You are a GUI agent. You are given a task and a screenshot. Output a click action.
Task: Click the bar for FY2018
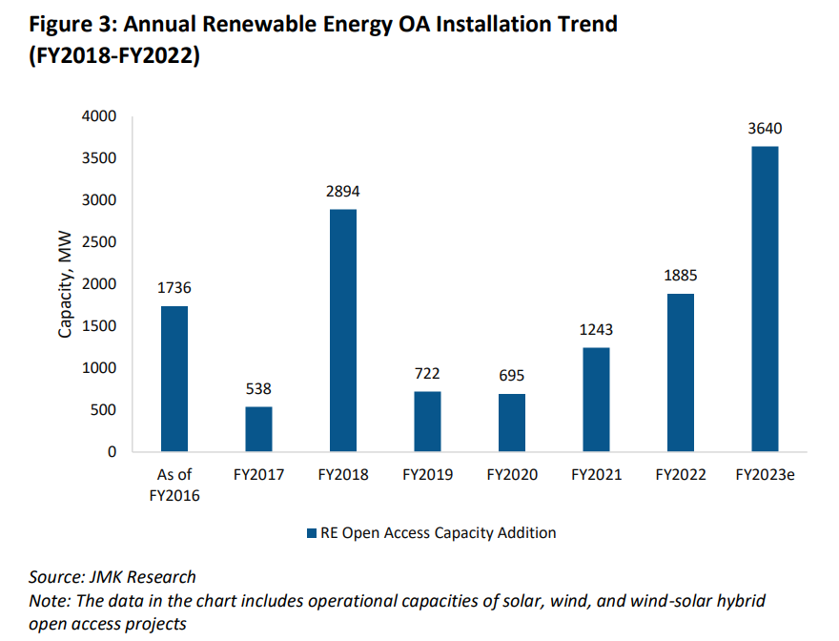coord(342,330)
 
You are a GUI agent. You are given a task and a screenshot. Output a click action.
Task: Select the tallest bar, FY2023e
coord(765,299)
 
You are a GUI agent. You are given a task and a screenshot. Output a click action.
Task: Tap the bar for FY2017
coord(258,429)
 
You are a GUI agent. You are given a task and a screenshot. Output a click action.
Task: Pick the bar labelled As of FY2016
coord(174,379)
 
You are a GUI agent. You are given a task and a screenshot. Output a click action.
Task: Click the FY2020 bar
coord(511,423)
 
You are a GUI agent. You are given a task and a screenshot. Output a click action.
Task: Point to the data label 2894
coord(342,192)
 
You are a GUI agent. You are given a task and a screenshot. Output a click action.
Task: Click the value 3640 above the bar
coord(765,129)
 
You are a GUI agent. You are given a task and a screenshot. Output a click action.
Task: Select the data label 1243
coord(596,330)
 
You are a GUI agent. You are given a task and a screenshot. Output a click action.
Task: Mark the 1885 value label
coord(680,276)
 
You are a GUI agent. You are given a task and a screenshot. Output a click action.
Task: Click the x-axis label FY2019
coord(427,474)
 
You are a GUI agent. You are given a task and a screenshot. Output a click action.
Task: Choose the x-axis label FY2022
coord(680,474)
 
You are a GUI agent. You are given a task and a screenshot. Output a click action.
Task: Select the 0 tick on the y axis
coord(112,452)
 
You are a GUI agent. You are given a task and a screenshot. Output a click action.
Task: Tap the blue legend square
coord(312,533)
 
